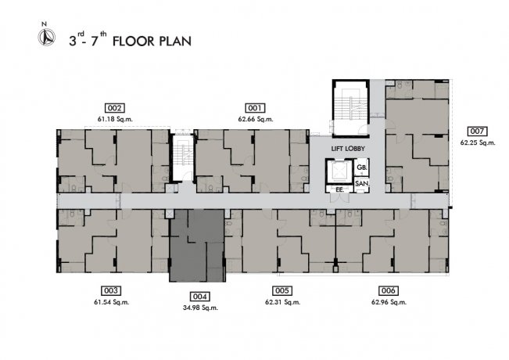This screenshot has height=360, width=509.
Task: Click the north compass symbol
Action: tap(47, 37)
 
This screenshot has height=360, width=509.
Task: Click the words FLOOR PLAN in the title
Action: tap(152, 41)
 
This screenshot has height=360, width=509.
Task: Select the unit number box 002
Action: tap(115, 108)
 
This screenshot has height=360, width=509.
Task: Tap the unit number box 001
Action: tap(255, 108)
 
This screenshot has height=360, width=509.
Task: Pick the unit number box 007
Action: tap(477, 131)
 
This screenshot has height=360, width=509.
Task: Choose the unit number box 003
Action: tap(111, 290)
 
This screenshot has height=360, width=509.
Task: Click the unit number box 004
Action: tap(199, 297)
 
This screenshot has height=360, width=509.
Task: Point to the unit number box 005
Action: tap(282, 290)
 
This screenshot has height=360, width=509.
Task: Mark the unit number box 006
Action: tap(389, 290)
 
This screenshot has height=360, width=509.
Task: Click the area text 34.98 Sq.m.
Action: tap(200, 308)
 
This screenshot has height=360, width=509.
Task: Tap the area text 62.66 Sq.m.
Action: tap(256, 119)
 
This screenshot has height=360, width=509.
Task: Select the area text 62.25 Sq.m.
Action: tap(478, 142)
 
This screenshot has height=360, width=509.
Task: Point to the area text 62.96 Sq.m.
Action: tap(389, 302)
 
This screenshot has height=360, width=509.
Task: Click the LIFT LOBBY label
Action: tap(348, 149)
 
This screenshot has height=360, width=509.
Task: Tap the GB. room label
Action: tap(362, 167)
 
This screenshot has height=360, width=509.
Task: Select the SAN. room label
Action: tap(362, 184)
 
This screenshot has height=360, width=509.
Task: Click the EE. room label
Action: tap(339, 189)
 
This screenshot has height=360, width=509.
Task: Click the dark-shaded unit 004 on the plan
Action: tap(197, 246)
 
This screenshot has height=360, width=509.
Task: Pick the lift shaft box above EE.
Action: tap(339, 171)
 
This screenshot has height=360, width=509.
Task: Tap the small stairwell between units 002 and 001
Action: tap(182, 157)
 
